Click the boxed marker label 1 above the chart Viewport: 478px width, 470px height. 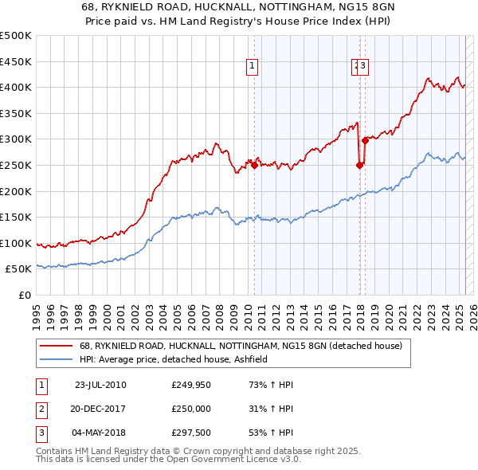point(252,67)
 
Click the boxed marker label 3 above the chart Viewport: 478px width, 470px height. point(362,67)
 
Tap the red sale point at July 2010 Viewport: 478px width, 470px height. point(255,165)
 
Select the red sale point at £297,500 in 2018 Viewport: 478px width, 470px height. point(364,140)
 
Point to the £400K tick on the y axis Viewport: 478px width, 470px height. point(17,87)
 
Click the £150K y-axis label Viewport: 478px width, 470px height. point(17,217)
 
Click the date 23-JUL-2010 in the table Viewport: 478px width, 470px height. point(100,385)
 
